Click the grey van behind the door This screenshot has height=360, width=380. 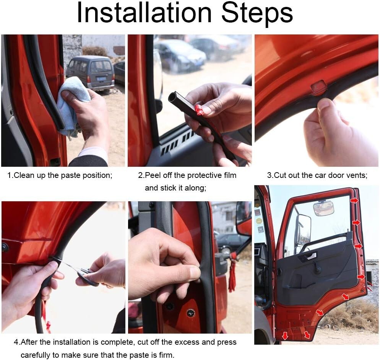(90, 72)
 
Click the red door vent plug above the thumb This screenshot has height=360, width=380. (318, 88)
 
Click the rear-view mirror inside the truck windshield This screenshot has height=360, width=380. (323, 208)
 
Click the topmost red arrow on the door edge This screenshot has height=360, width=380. (355, 200)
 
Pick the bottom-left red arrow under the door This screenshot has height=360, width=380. (285, 336)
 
